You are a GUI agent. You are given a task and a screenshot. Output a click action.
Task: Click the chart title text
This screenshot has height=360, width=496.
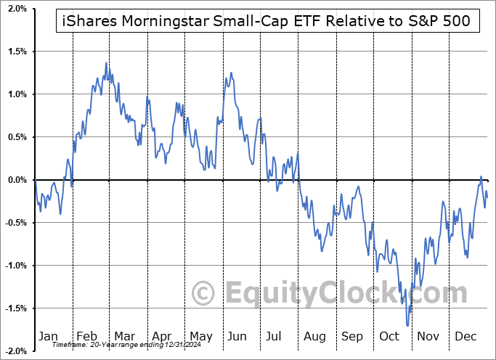pos(266,22)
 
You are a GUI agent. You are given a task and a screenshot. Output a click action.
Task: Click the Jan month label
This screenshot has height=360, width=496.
pos(47,336)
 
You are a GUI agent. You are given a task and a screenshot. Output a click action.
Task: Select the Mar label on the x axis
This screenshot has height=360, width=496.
pos(123,336)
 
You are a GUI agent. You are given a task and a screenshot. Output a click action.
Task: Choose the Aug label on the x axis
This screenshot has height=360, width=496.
pos(314,336)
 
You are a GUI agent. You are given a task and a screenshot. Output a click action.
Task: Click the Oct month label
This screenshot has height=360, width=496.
pos(389,336)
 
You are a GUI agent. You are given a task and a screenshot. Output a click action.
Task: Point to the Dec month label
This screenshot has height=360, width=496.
pos(465,336)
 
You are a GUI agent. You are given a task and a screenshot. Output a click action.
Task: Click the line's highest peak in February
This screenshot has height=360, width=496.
pos(106,63)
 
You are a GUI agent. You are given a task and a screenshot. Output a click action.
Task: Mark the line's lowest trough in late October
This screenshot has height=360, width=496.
pos(408,326)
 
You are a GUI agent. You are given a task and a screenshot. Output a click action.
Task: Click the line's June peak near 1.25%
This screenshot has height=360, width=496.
pos(231,73)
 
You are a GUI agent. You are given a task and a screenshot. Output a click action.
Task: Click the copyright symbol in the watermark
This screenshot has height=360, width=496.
pos(203,294)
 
